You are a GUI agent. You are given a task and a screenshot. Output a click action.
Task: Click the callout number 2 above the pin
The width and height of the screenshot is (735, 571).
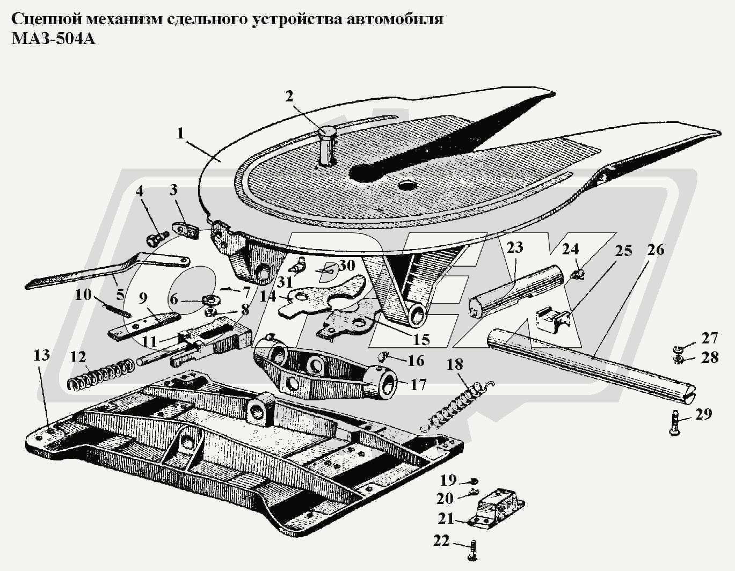coord(289,97)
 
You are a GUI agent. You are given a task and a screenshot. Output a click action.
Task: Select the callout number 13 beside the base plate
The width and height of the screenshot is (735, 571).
coord(41,355)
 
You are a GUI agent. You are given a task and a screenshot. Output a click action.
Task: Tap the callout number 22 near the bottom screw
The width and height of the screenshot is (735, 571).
coord(441,541)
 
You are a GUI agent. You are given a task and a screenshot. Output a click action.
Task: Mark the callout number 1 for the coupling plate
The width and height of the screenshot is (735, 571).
coord(181,133)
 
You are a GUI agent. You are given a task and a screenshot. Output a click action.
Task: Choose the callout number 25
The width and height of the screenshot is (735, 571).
coord(623,251)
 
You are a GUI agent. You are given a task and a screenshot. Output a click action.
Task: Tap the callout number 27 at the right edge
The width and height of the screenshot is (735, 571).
coord(710,339)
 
